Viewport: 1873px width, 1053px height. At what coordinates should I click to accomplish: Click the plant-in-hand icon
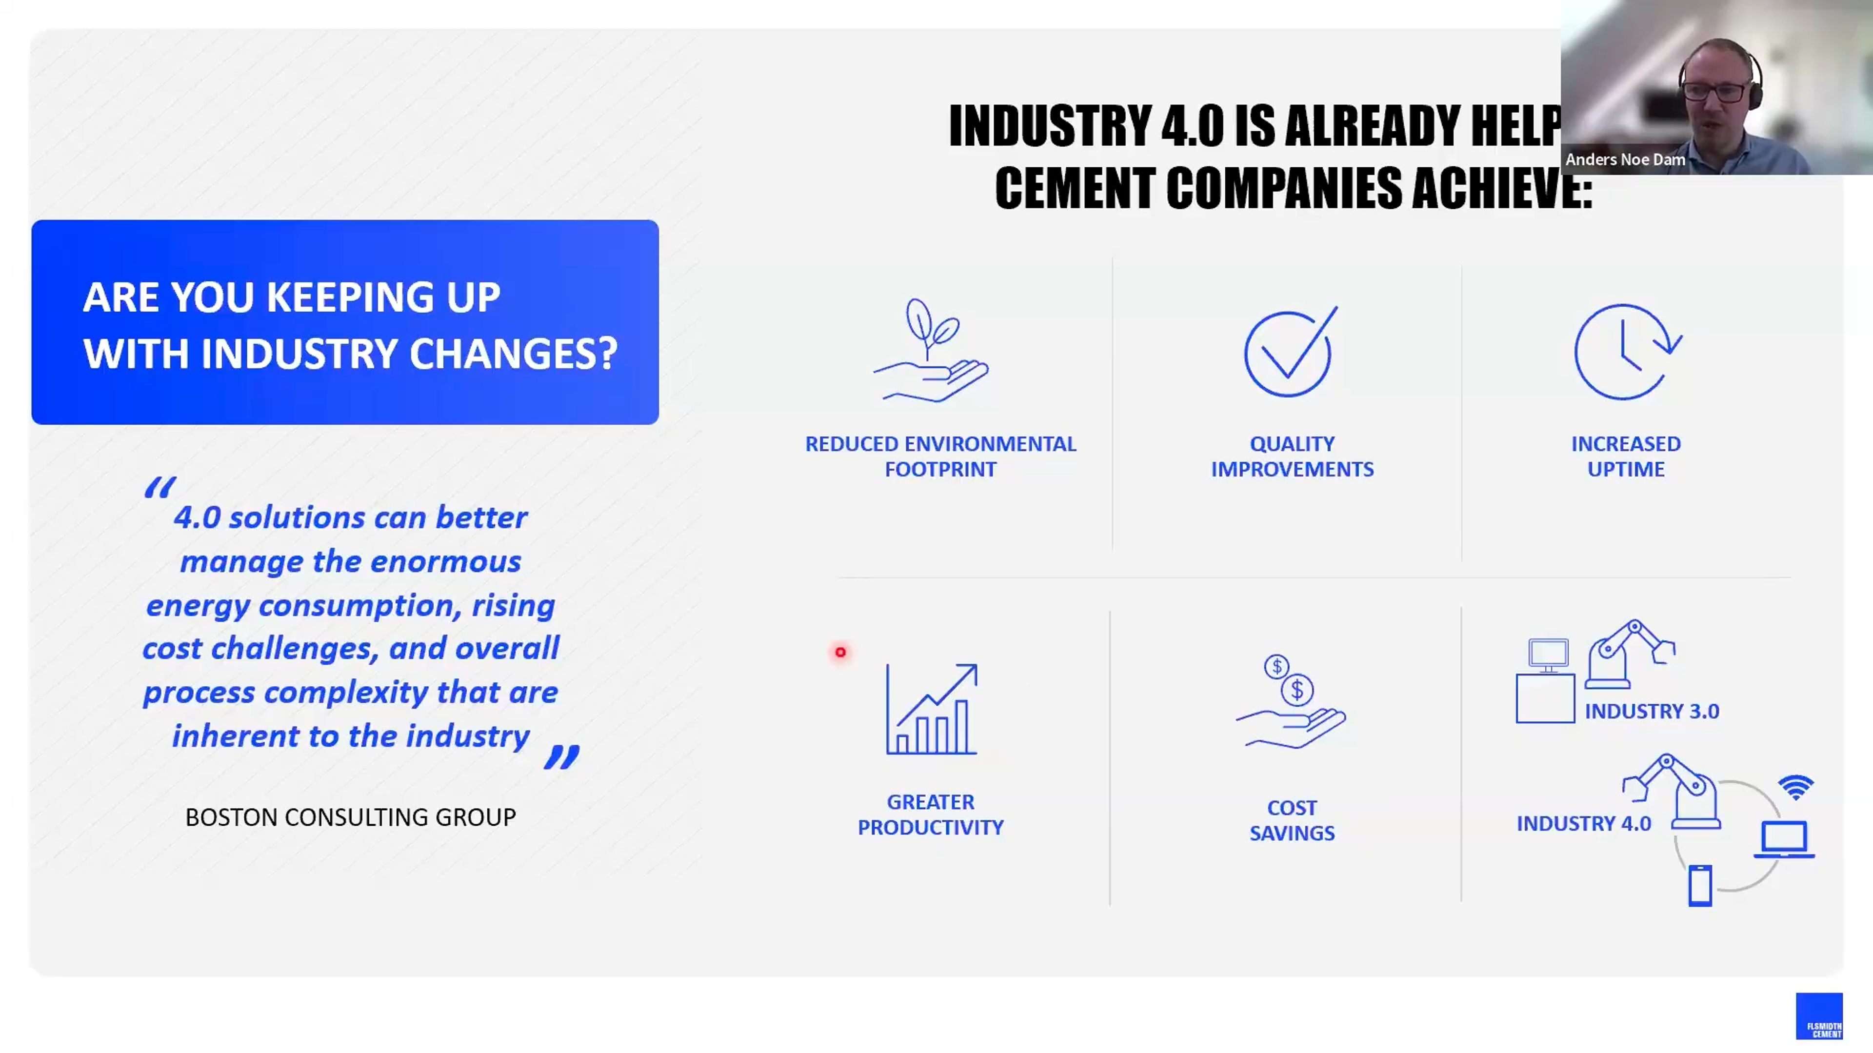click(931, 351)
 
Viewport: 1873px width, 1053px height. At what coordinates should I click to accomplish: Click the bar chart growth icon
click(932, 709)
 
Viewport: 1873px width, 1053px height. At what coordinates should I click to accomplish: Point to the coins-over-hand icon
click(1291, 702)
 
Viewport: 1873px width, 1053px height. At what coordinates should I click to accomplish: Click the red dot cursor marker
click(840, 652)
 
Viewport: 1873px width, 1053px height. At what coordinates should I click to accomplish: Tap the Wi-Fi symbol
click(1796, 787)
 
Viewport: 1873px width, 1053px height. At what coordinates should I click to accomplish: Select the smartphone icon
click(1700, 886)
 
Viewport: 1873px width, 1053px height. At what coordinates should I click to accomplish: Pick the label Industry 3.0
click(1652, 711)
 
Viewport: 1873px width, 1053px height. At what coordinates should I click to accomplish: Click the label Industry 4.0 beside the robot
click(1584, 823)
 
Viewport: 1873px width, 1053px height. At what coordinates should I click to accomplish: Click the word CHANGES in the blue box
click(513, 354)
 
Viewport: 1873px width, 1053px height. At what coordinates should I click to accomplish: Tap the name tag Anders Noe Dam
click(1625, 159)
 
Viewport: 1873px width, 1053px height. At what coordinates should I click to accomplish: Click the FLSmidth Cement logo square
click(1819, 1016)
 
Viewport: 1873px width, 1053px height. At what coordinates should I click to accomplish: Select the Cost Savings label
click(1292, 820)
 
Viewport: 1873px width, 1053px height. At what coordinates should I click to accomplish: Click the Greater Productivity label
click(931, 815)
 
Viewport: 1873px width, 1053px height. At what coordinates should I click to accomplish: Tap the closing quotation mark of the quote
click(562, 757)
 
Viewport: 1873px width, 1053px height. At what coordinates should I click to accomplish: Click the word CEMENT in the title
click(1076, 188)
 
